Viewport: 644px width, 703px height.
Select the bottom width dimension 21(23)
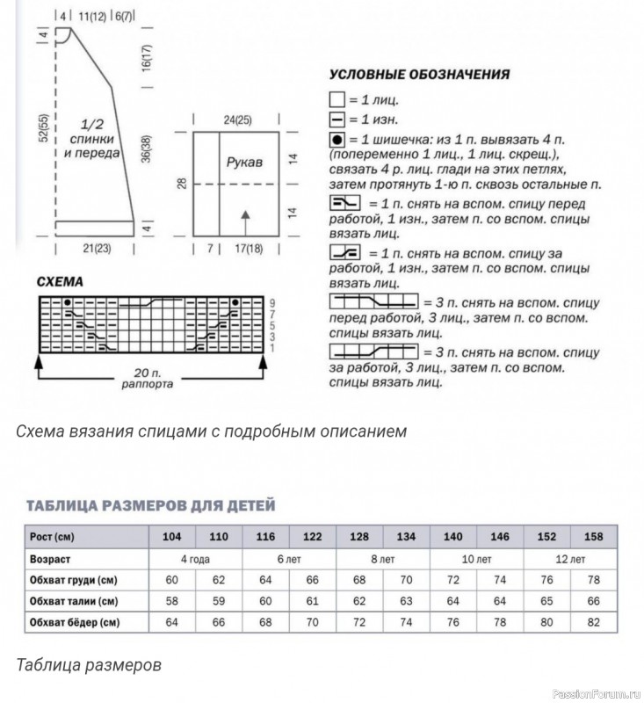point(100,250)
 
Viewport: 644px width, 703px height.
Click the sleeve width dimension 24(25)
point(235,120)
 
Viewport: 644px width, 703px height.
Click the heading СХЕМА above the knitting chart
point(61,283)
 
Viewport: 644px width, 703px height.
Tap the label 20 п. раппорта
point(147,378)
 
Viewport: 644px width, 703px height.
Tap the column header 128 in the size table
point(358,536)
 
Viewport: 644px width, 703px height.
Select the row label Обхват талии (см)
point(75,601)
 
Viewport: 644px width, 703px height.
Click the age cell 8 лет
point(382,558)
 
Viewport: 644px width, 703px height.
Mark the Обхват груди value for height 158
point(593,580)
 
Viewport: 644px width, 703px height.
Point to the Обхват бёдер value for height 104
point(171,623)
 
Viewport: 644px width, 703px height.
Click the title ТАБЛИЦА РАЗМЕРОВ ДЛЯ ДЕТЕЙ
point(150,505)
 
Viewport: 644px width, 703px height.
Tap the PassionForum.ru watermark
point(593,693)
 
